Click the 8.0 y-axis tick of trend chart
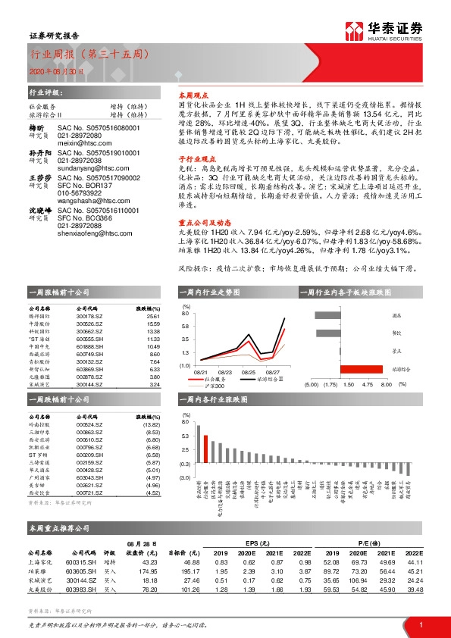(x=184, y=312)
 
